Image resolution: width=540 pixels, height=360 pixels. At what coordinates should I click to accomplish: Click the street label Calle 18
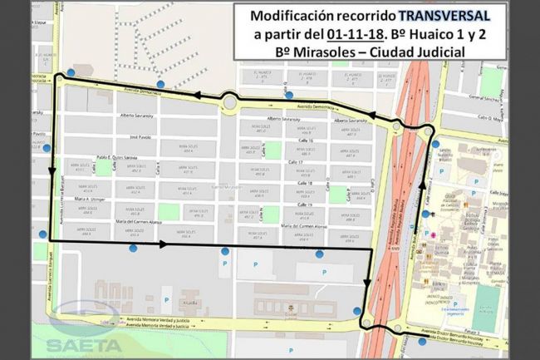pos(305,183)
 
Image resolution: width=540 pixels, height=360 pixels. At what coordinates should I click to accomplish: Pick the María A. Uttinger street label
pos(94,200)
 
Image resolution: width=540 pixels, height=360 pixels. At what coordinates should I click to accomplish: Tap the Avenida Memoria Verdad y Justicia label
pos(158,320)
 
